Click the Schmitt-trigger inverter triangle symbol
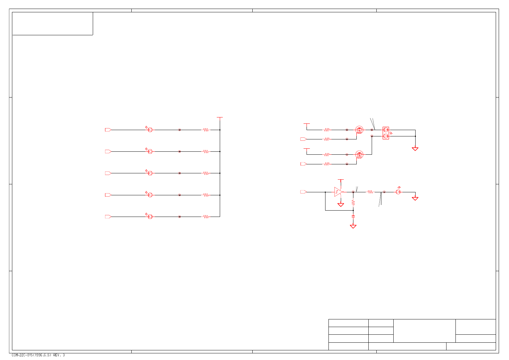338,192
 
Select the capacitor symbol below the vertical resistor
353,216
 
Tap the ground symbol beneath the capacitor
353,226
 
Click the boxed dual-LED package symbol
386,133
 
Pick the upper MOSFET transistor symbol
359,130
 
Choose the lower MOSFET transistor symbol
359,154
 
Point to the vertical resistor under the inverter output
353,202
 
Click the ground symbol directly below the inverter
340,205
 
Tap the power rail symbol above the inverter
340,180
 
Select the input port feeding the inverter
303,192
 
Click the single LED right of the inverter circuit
398,192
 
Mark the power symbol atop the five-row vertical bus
219,117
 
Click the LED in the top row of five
150,130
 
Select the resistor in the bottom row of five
206,217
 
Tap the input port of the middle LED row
108,173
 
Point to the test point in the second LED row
180,151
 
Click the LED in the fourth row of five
150,195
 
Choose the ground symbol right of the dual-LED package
415,149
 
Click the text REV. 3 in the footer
59,355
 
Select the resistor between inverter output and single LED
370,192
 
